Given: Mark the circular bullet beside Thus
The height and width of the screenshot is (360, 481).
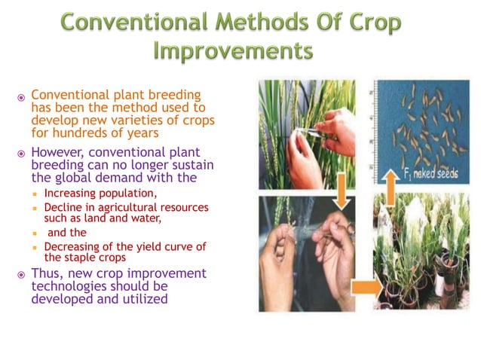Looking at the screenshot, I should pyautogui.click(x=22, y=273).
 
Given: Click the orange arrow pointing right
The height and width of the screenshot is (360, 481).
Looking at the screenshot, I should pyautogui.click(x=365, y=287).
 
